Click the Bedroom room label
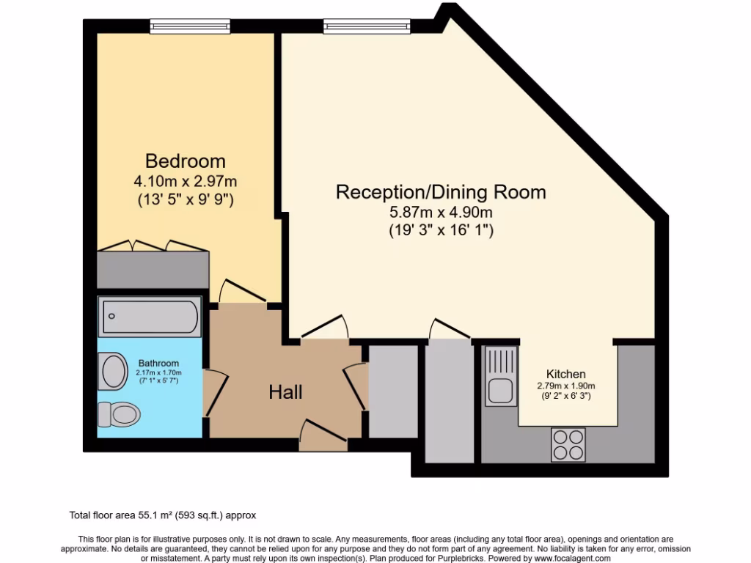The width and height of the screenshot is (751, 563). coord(185,161)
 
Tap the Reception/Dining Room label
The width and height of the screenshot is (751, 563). coord(440,192)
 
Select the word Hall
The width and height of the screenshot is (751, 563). coord(285,392)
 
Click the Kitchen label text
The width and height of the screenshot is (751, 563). coord(566,374)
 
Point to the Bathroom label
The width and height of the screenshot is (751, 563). coord(158,363)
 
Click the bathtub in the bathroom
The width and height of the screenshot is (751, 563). coord(150,317)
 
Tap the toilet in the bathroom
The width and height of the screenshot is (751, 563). coord(119,415)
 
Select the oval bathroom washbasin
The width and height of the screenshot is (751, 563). coord(114,370)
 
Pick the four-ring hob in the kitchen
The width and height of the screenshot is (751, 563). coord(568,444)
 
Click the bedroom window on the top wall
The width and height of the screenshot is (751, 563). coord(180,26)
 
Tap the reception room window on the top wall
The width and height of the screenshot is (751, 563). coord(367,26)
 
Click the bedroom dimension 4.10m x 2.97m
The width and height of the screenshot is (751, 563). coord(185,180)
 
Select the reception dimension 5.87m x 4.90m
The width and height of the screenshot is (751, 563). coord(440,213)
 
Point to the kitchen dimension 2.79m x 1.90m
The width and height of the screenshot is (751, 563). coord(566,386)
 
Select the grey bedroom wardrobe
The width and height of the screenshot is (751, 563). coord(153,269)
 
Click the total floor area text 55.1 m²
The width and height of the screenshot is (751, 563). coord(162,515)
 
